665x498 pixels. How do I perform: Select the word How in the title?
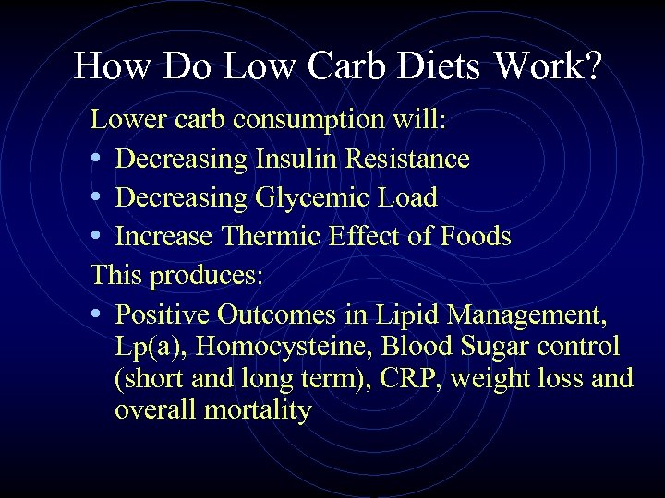click(x=108, y=66)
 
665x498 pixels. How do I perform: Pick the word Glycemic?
click(x=308, y=197)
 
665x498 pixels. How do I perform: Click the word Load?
click(x=406, y=197)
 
